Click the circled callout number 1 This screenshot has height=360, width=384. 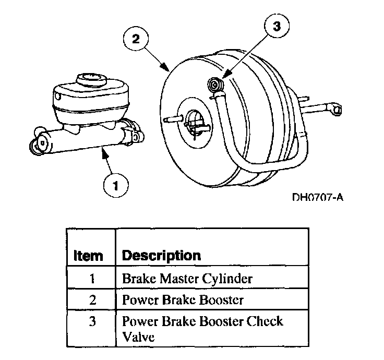tap(116, 185)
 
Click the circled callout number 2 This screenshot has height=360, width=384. tap(135, 39)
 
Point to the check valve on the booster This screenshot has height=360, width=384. tap(214, 85)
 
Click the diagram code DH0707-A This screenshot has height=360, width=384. tap(319, 198)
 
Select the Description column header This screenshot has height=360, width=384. tap(161, 255)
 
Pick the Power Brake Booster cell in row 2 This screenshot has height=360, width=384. tap(183, 300)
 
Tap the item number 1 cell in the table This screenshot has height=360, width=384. tap(92, 278)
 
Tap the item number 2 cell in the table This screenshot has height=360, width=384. tap(92, 300)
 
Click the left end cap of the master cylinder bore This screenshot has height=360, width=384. tap(40, 146)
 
